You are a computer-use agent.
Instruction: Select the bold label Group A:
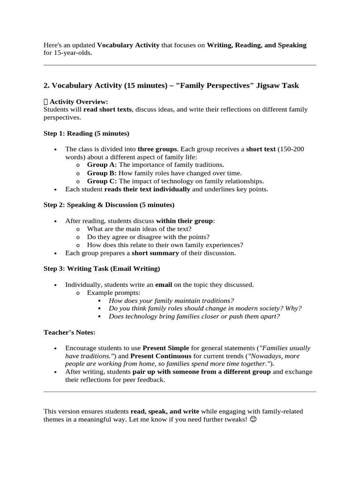click(x=102, y=165)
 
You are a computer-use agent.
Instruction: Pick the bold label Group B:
click(x=102, y=172)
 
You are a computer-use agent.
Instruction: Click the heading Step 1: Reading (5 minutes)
click(x=86, y=133)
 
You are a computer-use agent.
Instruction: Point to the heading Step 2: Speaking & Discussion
click(x=109, y=205)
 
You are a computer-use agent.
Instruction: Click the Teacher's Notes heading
click(x=69, y=332)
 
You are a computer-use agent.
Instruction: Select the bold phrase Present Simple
click(x=166, y=348)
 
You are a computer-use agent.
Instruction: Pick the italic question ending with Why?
click(x=205, y=308)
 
